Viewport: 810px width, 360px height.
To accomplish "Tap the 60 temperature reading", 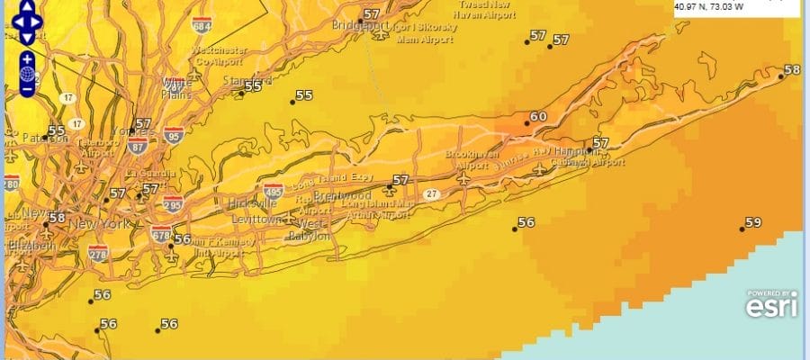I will tap(538, 117).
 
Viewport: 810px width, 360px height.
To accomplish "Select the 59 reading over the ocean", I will tap(753, 222).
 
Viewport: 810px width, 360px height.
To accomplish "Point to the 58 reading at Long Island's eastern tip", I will tap(792, 70).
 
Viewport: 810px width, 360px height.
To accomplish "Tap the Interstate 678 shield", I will tap(162, 234).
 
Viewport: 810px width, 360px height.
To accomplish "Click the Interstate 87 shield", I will tap(138, 147).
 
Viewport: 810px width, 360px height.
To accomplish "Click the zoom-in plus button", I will tap(28, 59).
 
